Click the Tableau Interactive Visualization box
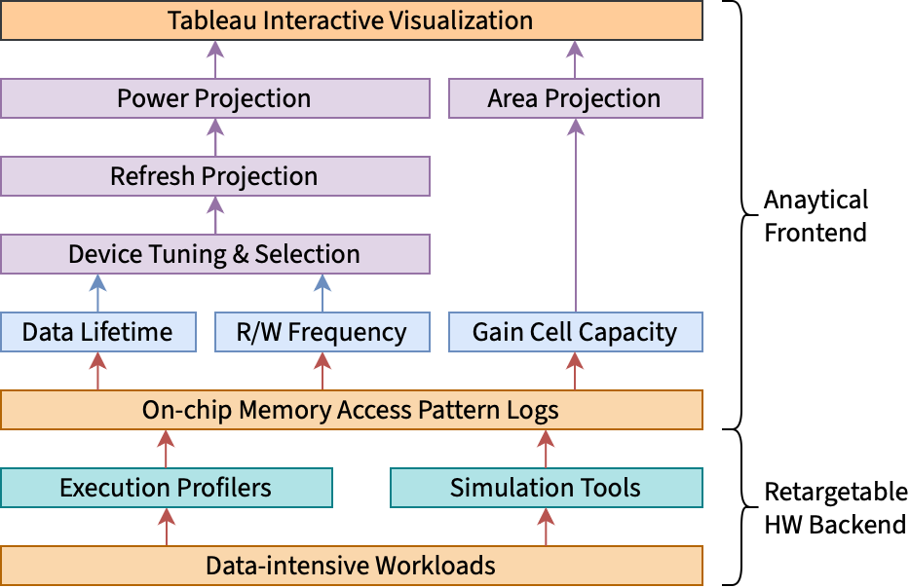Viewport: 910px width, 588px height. pos(351,20)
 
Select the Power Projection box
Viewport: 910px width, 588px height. pos(214,98)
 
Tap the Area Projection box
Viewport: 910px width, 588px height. pos(575,98)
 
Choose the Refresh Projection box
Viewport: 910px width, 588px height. pos(214,176)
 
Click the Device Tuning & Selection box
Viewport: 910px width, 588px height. pos(214,254)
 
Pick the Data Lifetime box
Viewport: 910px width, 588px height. pos(97,332)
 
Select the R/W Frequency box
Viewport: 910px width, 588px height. pos(322,332)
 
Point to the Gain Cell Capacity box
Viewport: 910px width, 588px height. pos(575,332)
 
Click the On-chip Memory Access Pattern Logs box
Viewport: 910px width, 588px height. pos(351,410)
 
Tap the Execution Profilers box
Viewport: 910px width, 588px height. pos(166,488)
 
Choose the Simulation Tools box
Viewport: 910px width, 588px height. pos(546,488)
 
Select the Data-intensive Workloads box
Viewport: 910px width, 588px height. pos(351,566)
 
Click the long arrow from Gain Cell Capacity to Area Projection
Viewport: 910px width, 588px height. pos(575,215)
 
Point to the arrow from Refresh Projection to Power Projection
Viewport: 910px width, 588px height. pos(214,137)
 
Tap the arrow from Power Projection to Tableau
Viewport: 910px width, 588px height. pos(214,59)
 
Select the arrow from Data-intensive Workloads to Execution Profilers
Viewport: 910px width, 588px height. pos(166,527)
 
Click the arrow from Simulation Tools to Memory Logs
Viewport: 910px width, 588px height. pos(546,449)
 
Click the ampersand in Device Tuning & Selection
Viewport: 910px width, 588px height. pos(241,255)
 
